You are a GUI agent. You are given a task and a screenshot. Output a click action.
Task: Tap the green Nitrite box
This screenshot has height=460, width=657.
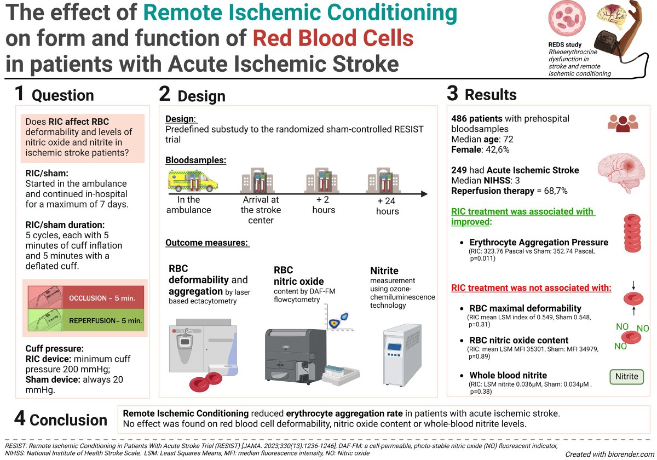coord(626,377)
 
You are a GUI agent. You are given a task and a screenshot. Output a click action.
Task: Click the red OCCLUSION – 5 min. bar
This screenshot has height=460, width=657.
coord(103,298)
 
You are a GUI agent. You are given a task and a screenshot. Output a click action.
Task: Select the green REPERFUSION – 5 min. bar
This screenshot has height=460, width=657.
coord(103,320)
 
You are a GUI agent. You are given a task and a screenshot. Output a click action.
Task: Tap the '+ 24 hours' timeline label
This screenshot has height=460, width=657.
coord(388,206)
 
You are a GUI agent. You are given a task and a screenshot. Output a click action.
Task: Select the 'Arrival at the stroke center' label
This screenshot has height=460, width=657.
coord(261,210)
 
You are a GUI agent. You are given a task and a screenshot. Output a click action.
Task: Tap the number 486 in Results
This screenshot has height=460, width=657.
coord(462,118)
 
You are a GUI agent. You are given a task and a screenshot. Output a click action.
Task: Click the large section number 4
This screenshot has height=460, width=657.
coord(20,419)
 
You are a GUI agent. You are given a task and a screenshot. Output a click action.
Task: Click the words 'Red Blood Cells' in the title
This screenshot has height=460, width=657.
coord(333,38)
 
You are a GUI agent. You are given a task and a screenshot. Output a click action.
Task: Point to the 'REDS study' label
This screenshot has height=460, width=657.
coord(565,44)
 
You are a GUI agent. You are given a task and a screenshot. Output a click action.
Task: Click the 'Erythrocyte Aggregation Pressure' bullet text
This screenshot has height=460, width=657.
coord(539,243)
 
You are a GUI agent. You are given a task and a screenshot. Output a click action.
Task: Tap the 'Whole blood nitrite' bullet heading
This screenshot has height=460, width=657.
coord(508,375)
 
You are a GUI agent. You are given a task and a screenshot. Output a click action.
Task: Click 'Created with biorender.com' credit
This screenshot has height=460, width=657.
coord(608,454)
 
